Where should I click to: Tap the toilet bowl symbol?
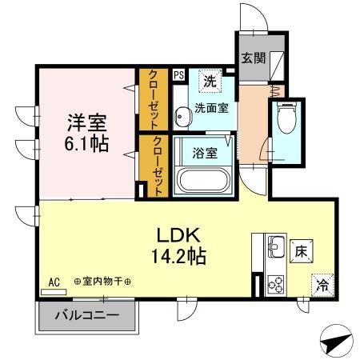285,121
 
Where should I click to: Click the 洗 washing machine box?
210,81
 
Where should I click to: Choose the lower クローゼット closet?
154,166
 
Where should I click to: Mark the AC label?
54,282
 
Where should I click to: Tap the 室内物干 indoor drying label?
103,282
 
